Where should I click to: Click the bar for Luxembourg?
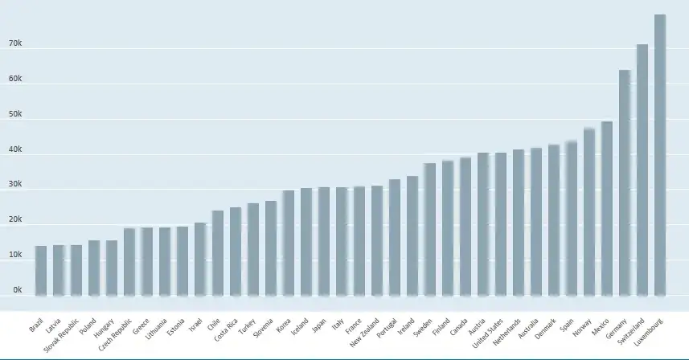coord(660,153)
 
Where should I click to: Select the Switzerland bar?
coord(642,169)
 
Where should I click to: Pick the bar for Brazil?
coord(40,270)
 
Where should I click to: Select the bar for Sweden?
coord(430,229)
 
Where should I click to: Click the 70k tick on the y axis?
coord(15,44)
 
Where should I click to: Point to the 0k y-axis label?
coord(15,290)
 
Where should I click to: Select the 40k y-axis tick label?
coord(15,149)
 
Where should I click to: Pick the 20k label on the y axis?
coord(15,220)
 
